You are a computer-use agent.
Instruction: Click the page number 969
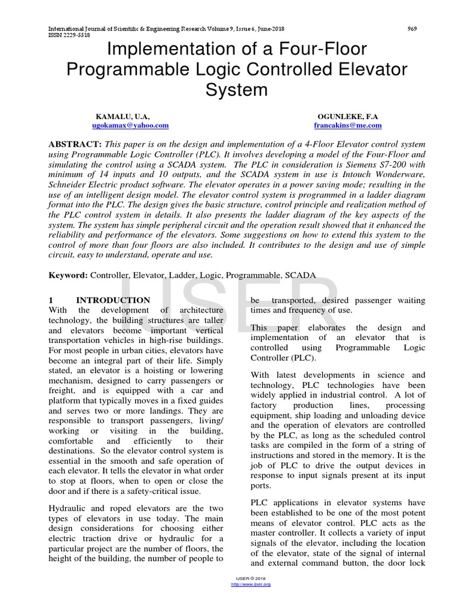pos(412,28)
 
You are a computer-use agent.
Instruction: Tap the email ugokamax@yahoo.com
pos(130,126)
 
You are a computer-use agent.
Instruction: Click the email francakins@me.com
pos(348,126)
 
